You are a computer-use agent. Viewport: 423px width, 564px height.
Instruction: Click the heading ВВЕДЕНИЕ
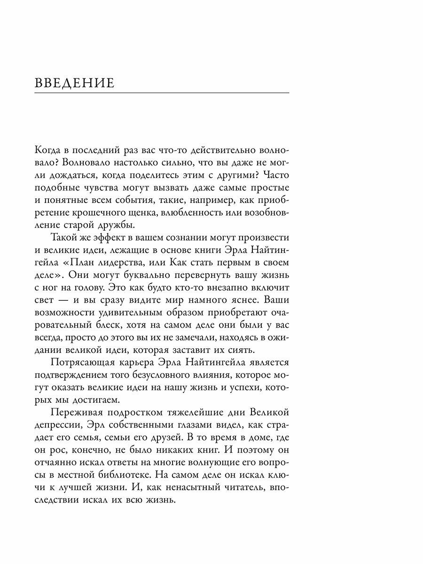point(75,83)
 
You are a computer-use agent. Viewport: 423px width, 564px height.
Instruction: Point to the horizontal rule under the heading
point(162,93)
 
